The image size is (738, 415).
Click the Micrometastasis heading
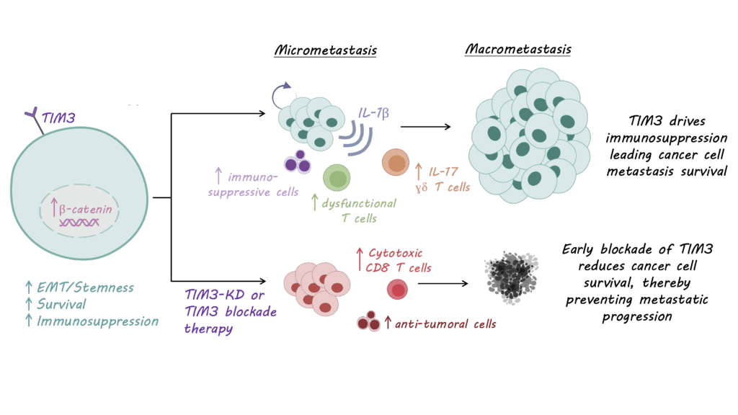tap(325, 51)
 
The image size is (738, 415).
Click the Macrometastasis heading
tap(518, 50)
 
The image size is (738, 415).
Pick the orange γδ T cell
tap(396, 163)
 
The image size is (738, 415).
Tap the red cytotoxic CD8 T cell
tap(398, 290)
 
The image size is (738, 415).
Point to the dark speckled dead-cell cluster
tap(512, 278)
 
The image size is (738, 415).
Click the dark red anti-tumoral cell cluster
tap(369, 321)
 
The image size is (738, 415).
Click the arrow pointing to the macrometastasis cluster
tap(425, 127)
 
